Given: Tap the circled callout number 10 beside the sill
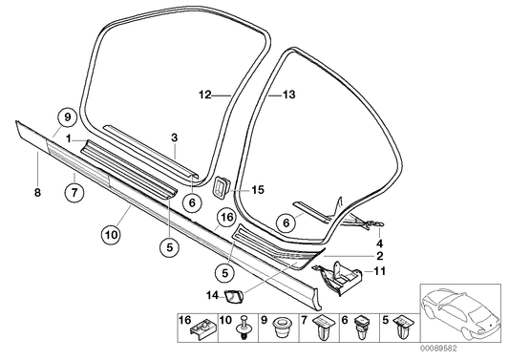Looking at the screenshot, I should [111, 231].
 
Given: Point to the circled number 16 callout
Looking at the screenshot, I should [226, 218].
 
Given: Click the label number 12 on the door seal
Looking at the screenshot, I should [204, 95].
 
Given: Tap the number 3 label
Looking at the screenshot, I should [174, 138].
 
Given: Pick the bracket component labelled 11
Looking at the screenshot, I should [340, 276].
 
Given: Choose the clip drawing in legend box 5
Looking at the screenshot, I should [399, 331].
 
